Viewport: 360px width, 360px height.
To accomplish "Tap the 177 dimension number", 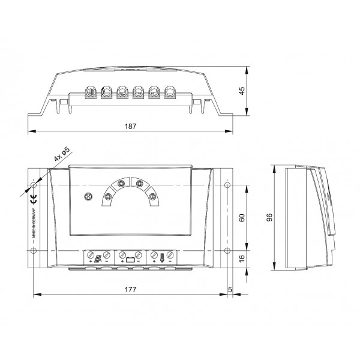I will click(131, 289).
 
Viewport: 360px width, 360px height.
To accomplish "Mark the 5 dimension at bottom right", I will click(231, 289).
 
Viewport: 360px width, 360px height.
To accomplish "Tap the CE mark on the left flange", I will click(34, 201).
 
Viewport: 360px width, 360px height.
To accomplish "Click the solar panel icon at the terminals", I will click(98, 261).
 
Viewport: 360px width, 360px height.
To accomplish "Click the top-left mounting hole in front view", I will click(34, 184).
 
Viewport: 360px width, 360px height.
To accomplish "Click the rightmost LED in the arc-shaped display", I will click(152, 196).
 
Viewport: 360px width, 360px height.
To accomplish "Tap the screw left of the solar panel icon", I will click(90, 255).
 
